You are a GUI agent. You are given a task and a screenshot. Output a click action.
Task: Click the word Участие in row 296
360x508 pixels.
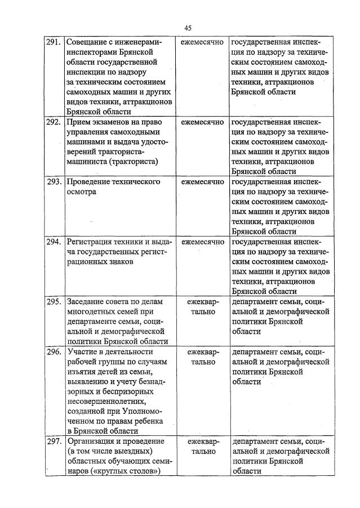coord(82,351)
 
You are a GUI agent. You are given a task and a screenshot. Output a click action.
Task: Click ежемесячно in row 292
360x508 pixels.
coord(202,122)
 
